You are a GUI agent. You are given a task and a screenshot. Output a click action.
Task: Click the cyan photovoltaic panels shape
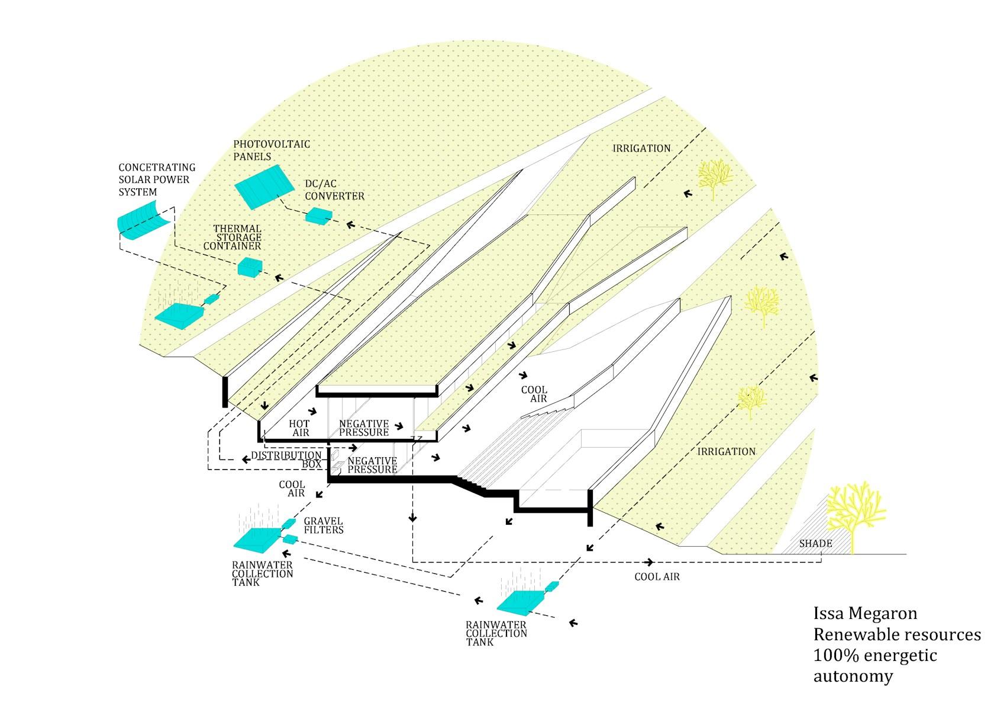[264, 187]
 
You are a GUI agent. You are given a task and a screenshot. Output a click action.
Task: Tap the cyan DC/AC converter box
[318, 216]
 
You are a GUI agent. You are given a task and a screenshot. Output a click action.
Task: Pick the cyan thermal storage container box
[250, 267]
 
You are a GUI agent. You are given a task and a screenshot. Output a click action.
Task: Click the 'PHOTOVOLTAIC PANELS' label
[272, 150]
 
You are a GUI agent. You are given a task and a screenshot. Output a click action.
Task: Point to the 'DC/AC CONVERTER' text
[334, 190]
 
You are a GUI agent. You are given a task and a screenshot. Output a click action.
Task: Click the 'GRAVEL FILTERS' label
[324, 525]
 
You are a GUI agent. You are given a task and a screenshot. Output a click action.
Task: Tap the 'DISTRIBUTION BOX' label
[286, 460]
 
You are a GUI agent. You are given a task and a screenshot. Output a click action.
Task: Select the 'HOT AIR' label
[299, 428]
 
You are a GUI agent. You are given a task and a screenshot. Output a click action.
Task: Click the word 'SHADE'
[815, 543]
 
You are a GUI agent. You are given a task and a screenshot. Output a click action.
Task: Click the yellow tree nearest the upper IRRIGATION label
[715, 178]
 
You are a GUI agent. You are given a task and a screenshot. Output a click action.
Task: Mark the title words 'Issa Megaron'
[865, 614]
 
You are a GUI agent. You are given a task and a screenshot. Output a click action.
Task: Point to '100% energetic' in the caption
[874, 656]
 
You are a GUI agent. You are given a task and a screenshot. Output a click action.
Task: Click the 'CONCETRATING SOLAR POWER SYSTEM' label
[157, 179]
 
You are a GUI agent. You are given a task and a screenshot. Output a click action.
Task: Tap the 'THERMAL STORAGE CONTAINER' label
[233, 237]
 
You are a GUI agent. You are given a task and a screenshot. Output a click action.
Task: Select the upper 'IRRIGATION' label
[641, 148]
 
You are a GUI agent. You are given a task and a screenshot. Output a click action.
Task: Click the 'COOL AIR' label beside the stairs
[534, 394]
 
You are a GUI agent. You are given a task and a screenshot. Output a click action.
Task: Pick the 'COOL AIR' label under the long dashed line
[657, 576]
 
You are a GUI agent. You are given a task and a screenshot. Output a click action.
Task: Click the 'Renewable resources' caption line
[897, 634]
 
